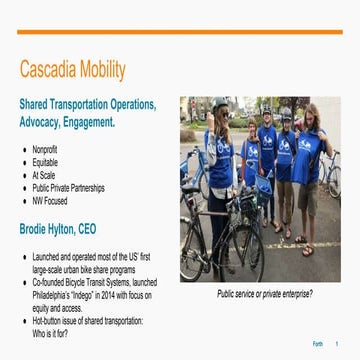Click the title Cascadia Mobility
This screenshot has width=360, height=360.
[x=73, y=69]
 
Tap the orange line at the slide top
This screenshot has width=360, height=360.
[x=180, y=32]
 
